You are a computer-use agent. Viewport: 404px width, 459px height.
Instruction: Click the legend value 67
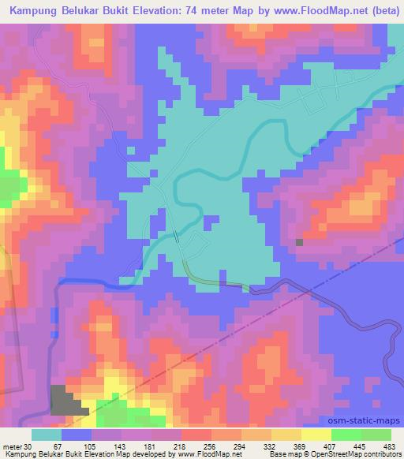coord(58,446)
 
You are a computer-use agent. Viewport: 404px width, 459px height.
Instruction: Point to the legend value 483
coord(387,446)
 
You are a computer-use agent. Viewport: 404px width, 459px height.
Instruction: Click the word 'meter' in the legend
coord(12,446)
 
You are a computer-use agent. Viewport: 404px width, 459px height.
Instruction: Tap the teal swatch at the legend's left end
coord(47,435)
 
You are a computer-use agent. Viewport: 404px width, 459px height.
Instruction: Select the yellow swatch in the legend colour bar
coord(316,435)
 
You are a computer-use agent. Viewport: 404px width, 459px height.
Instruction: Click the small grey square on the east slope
coord(299,242)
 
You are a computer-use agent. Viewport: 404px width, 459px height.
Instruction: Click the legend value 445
coord(357,446)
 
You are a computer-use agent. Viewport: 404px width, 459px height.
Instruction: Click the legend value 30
coord(29,446)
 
